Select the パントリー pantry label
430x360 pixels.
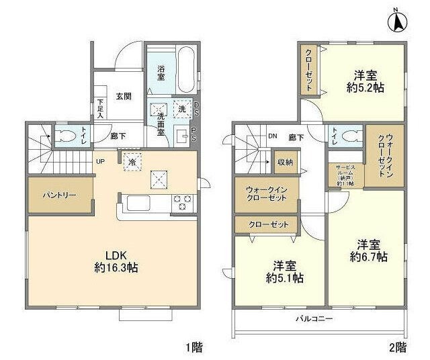pyautogui.click(x=59, y=195)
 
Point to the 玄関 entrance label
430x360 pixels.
pyautogui.click(x=123, y=96)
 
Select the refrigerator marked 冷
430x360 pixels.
pyautogui.click(x=132, y=162)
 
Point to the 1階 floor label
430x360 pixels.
pyautogui.click(x=194, y=348)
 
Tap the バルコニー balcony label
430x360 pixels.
pyautogui.click(x=315, y=318)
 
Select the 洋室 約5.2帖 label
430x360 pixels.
pyautogui.click(x=365, y=81)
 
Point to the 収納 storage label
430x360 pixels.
pyautogui.click(x=284, y=162)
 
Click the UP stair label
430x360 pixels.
pyautogui.click(x=99, y=162)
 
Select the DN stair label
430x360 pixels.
pyautogui.click(x=272, y=137)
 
